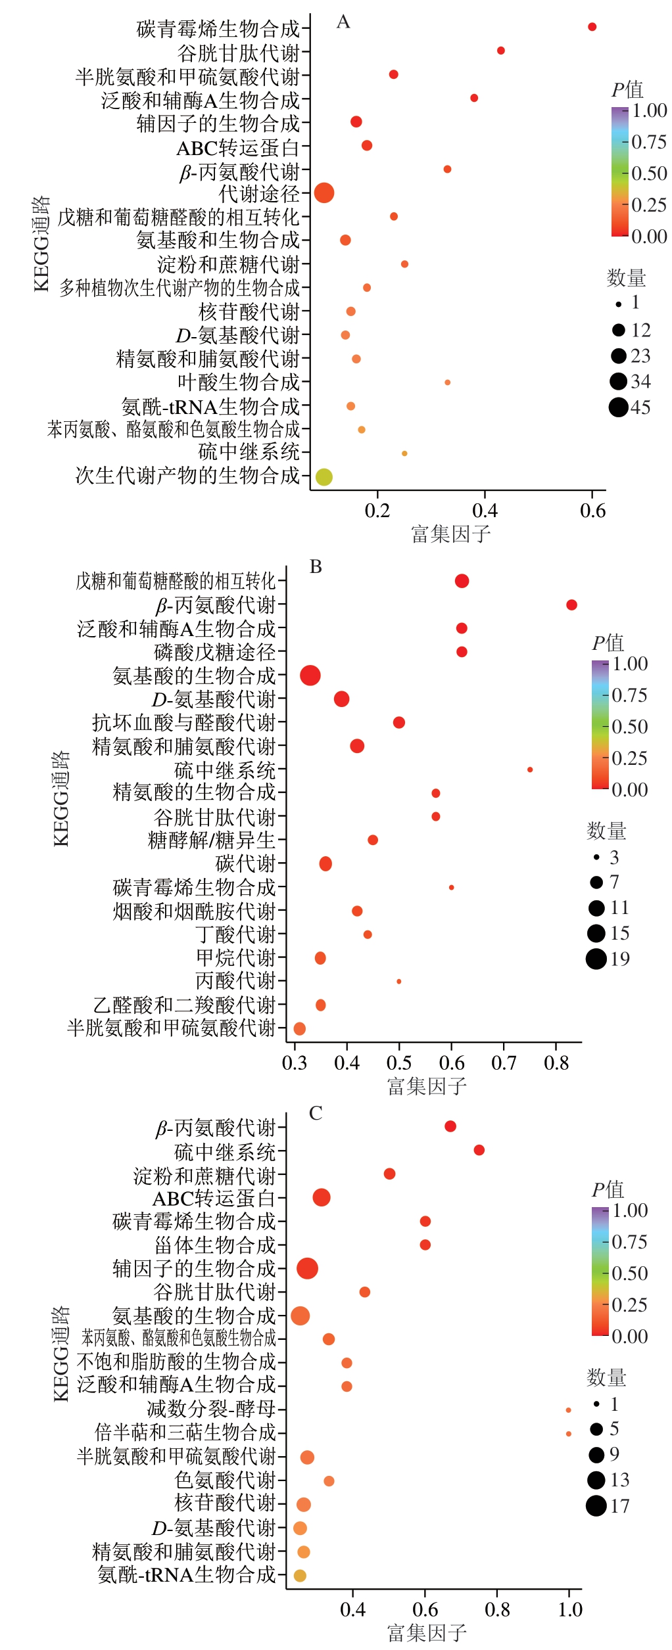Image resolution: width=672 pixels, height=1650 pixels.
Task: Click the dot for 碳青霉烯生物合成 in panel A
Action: [592, 27]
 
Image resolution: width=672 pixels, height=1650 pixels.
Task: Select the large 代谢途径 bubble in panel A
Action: [324, 193]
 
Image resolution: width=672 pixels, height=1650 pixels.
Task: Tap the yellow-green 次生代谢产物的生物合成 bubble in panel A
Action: [324, 477]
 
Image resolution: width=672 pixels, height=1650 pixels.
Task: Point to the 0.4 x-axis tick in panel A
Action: [485, 511]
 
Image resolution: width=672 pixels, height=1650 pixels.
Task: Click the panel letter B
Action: [316, 567]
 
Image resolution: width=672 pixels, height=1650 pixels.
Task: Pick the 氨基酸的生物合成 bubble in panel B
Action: [310, 676]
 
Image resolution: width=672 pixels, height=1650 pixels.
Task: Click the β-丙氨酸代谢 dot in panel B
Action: [571, 605]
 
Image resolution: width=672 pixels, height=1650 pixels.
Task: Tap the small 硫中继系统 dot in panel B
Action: [530, 769]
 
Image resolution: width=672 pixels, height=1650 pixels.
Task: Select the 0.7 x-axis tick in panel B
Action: [504, 1063]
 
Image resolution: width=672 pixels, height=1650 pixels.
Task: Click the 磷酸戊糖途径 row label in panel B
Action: [214, 653]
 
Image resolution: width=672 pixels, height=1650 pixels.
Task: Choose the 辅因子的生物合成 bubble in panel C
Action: [307, 1268]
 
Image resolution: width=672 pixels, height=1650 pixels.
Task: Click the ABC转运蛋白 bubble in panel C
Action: [321, 1197]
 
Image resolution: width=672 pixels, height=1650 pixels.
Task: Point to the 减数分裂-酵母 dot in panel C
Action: [568, 1410]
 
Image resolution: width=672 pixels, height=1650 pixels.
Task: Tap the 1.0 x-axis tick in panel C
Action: [569, 1609]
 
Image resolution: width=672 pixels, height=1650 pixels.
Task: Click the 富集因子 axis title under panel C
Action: [427, 1633]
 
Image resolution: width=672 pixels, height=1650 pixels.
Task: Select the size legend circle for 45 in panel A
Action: [618, 407]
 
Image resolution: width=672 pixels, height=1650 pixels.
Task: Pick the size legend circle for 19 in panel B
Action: [596, 959]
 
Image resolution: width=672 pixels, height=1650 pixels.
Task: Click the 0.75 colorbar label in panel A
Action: [648, 143]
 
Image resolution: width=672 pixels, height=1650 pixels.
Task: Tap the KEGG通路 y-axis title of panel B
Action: [60, 798]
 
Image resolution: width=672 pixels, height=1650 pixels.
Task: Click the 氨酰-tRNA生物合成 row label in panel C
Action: [187, 1574]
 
